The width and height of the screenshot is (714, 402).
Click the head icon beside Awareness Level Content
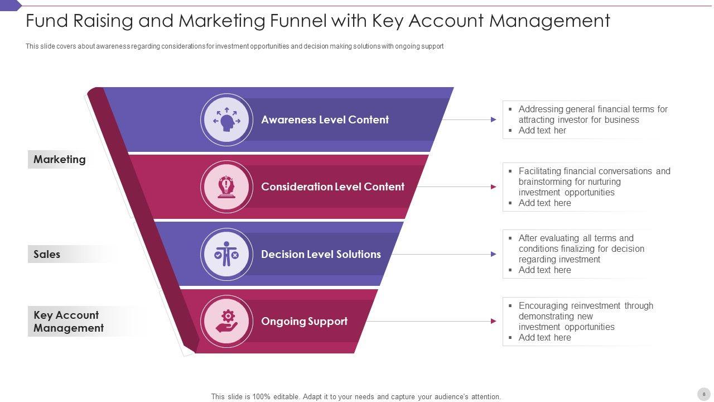point(226,120)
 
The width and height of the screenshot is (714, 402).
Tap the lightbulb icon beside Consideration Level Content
point(226,187)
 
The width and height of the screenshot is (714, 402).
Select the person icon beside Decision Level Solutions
point(226,255)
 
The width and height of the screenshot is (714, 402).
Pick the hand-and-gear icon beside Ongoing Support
point(226,322)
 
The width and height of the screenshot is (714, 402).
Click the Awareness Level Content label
point(325,119)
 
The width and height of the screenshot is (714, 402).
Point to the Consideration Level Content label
point(332,186)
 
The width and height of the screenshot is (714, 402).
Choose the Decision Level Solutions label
point(321,254)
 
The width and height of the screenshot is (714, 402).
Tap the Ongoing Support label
point(304,321)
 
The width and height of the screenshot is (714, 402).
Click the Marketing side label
point(60,159)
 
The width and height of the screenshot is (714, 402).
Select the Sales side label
point(47,254)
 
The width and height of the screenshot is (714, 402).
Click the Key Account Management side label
point(68,321)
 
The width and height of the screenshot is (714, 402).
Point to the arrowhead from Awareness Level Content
point(494,119)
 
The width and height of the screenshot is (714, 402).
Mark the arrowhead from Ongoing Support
point(494,321)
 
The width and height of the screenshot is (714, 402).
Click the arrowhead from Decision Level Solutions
point(494,254)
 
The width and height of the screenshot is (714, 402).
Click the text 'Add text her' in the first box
point(542,130)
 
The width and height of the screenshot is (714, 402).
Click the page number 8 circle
point(703,394)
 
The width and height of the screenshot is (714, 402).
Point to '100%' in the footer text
point(261,396)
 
